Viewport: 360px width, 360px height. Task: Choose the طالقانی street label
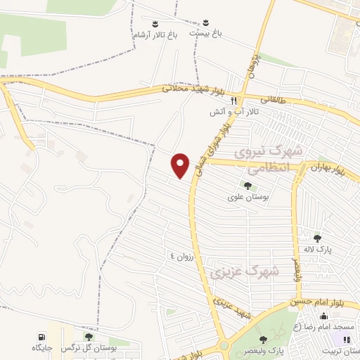274,101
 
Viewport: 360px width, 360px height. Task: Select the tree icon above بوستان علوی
247,185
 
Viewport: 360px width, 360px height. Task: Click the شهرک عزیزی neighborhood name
255,270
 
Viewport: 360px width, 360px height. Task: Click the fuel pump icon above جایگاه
41,336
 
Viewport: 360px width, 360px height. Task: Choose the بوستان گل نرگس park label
78,348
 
